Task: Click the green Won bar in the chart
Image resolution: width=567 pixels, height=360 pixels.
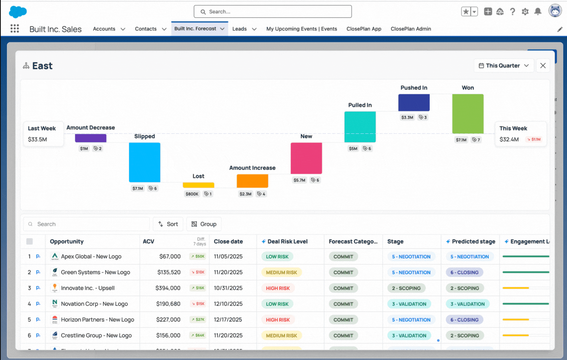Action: [467, 114]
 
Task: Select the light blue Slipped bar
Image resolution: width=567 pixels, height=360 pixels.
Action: [145, 162]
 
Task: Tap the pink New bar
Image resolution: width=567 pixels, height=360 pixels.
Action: [306, 158]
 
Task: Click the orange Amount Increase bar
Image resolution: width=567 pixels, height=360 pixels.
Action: [252, 181]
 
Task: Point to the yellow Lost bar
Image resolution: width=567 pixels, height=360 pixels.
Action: [198, 185]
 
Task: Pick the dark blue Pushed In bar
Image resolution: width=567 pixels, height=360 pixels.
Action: [414, 103]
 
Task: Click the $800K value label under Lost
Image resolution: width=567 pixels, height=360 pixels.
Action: [192, 194]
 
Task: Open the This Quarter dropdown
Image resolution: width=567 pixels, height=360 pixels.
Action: [503, 66]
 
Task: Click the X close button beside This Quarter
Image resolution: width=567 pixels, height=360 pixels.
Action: [543, 66]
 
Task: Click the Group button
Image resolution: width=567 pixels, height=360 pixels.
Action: [204, 224]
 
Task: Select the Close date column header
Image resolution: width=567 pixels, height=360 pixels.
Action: [228, 242]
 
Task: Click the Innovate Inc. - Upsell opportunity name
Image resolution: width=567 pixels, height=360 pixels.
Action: [88, 288]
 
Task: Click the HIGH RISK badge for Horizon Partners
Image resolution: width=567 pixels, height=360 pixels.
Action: [278, 320]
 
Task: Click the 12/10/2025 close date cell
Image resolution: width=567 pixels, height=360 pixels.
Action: [228, 304]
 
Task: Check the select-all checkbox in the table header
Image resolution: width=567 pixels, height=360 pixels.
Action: [30, 242]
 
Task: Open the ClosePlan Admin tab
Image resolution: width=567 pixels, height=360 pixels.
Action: [411, 29]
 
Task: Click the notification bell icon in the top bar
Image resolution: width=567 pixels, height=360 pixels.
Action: [537, 11]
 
